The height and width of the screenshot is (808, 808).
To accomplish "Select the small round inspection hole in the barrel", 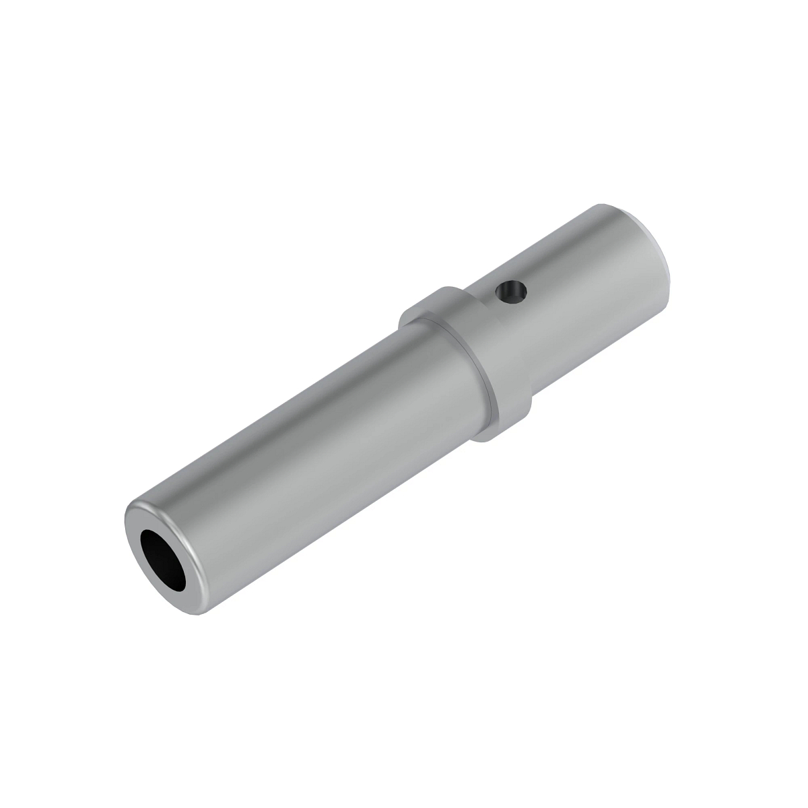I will point(511,291).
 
